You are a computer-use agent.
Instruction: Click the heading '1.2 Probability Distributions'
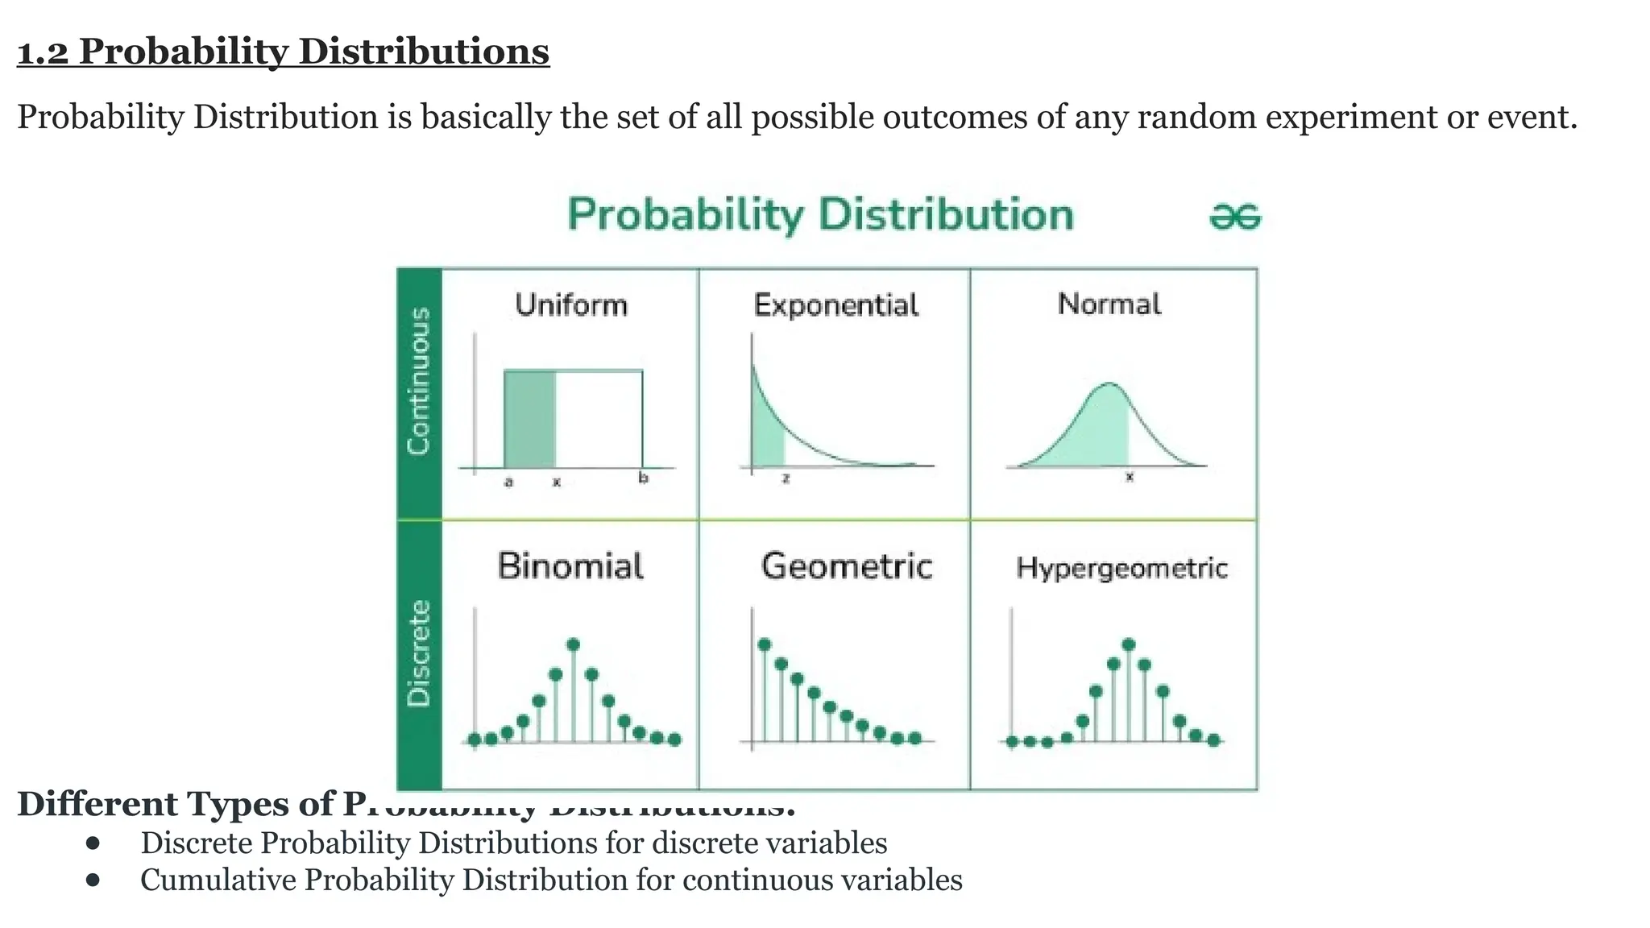click(283, 52)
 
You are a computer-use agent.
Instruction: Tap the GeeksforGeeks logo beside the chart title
click(1235, 217)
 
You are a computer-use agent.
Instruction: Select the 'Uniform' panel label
click(570, 305)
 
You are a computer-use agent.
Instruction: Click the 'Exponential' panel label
click(835, 305)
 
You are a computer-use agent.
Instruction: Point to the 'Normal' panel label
click(1109, 304)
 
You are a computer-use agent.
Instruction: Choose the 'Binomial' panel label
click(570, 566)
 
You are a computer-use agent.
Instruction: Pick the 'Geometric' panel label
click(846, 566)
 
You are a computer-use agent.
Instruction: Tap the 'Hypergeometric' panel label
click(1121, 568)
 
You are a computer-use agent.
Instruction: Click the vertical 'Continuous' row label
click(419, 381)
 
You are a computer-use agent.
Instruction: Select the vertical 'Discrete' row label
click(419, 653)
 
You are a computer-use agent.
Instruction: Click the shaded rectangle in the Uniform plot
click(529, 419)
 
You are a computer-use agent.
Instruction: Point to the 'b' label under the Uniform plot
click(643, 478)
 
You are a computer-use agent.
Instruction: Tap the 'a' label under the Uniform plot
click(508, 483)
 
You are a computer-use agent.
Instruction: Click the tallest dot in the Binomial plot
click(574, 644)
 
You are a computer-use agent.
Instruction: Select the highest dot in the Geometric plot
click(765, 644)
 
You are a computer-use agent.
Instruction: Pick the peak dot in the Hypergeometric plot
click(1128, 644)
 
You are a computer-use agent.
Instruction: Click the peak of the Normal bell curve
click(1109, 383)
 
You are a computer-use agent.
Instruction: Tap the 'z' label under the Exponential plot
click(786, 478)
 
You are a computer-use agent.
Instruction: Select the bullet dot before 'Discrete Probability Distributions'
click(93, 843)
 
